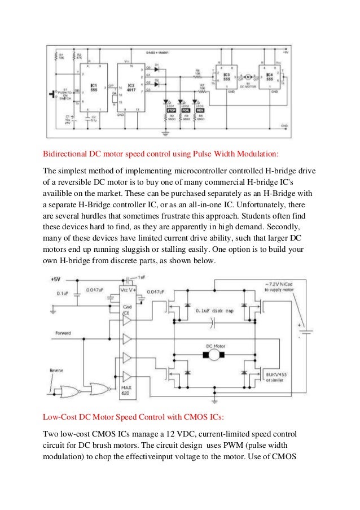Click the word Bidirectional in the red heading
(67, 153)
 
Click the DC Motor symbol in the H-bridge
(213, 354)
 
